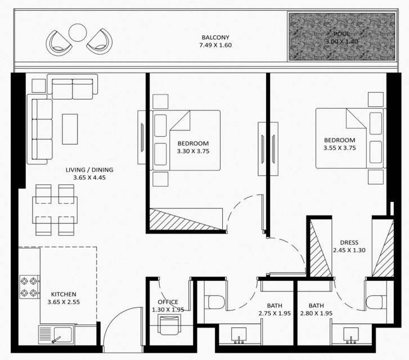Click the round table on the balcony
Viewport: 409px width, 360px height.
tap(78, 33)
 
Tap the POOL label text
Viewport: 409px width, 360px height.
tap(341, 34)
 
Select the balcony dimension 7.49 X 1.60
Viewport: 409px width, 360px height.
tap(215, 45)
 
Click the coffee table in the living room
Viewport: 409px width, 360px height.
tap(70, 129)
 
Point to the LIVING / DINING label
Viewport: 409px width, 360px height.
tap(89, 170)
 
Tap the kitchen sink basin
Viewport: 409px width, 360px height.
tap(62, 335)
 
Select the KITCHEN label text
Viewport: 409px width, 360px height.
tap(64, 294)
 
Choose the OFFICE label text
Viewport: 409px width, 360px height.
tap(168, 302)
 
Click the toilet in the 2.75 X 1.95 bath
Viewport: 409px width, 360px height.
tap(216, 302)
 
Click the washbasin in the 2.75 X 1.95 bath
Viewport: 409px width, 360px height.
tap(239, 335)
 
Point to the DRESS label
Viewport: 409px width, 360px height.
tap(349, 242)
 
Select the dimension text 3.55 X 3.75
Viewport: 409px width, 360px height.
tap(340, 148)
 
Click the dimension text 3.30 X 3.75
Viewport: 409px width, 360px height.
tap(194, 151)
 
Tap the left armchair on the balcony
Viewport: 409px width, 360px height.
tap(59, 43)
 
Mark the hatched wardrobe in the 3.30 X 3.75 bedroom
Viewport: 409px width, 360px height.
tap(186, 219)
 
